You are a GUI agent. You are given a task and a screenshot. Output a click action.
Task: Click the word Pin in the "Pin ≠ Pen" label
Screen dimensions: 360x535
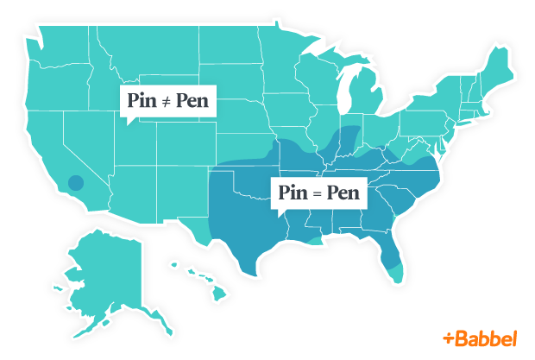tap(142, 103)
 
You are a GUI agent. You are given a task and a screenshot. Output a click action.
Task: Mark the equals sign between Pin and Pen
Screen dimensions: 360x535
tap(318, 193)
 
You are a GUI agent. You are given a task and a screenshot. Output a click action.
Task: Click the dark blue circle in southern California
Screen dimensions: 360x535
tap(76, 183)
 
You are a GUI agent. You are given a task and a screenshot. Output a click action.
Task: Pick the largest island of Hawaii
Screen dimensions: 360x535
tap(219, 294)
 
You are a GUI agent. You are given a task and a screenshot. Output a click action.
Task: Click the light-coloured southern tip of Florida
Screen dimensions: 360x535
tap(395, 274)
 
